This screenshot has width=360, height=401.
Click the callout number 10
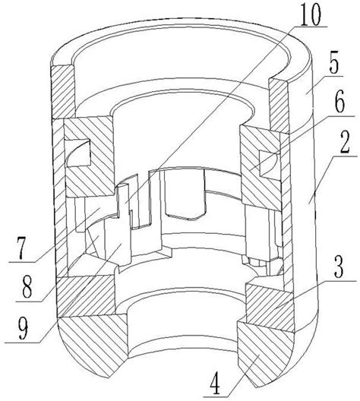tap(310, 16)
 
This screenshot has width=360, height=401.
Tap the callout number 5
tap(335, 62)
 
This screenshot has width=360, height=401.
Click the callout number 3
tap(339, 269)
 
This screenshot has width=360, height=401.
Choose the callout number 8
tap(27, 287)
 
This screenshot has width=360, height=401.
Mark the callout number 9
tap(24, 328)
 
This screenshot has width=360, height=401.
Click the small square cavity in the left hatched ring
tap(78, 153)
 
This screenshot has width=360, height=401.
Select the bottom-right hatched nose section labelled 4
tap(266, 353)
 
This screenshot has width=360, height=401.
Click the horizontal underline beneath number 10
tap(309, 27)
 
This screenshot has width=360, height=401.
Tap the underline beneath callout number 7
tap(22, 262)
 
